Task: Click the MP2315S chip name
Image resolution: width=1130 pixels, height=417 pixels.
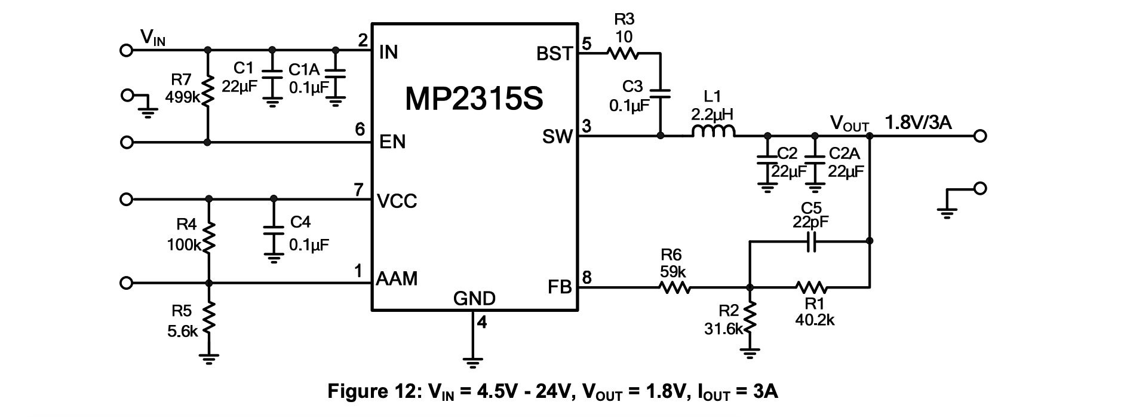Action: click(x=474, y=99)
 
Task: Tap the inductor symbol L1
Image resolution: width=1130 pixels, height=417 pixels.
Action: click(x=713, y=133)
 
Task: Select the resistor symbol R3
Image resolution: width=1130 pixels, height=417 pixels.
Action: click(x=623, y=54)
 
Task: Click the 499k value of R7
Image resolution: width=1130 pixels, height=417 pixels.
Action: click(x=182, y=97)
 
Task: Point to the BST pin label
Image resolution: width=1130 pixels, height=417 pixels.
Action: click(x=554, y=54)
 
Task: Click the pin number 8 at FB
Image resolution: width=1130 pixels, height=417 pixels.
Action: click(x=587, y=278)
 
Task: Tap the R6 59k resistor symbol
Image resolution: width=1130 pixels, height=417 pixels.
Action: click(x=675, y=288)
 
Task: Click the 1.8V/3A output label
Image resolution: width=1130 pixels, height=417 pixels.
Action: click(x=918, y=124)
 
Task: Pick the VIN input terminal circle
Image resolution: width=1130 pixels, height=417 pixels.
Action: click(x=126, y=50)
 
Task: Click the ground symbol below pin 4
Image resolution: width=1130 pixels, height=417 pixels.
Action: click(x=472, y=361)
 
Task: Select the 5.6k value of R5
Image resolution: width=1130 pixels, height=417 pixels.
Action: click(x=182, y=331)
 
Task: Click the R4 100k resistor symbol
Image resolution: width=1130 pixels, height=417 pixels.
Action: click(x=208, y=238)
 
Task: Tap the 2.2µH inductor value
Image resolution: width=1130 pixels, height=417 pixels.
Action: click(x=712, y=114)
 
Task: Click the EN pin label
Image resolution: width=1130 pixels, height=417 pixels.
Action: click(x=392, y=142)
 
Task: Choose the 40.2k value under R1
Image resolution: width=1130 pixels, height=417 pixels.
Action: click(x=815, y=320)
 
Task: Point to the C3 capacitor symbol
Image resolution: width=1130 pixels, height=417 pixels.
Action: click(x=660, y=93)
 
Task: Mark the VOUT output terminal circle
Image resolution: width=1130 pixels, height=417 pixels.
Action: click(x=979, y=136)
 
